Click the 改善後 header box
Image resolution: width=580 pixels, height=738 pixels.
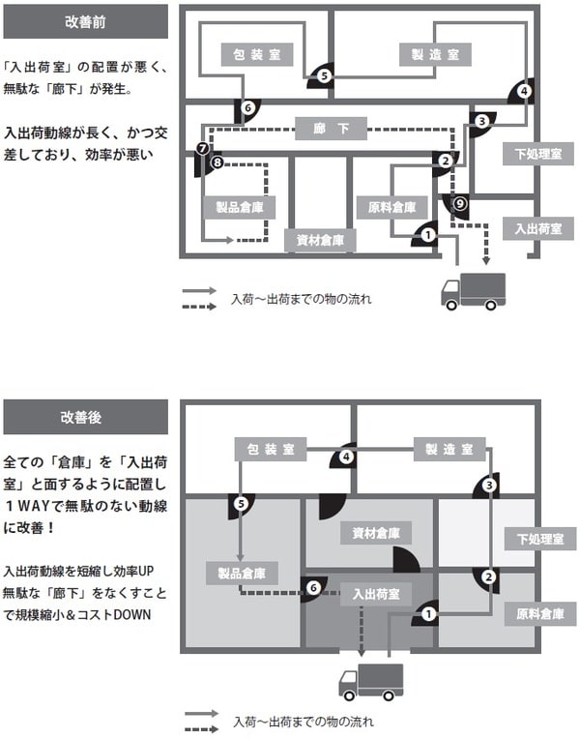85,417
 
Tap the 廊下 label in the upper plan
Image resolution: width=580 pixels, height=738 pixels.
332,128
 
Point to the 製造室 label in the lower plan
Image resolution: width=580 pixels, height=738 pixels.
449,450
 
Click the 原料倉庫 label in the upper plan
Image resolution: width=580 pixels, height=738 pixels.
392,206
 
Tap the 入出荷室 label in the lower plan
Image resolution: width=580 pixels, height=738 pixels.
376,593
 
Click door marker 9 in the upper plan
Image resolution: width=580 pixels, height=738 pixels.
460,203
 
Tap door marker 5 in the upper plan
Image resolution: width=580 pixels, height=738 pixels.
325,74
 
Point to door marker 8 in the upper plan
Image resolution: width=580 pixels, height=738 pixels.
217,163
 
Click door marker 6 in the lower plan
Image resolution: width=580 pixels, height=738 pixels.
312,586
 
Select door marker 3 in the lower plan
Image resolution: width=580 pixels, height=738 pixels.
490,485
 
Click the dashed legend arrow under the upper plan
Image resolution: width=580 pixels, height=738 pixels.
201,307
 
